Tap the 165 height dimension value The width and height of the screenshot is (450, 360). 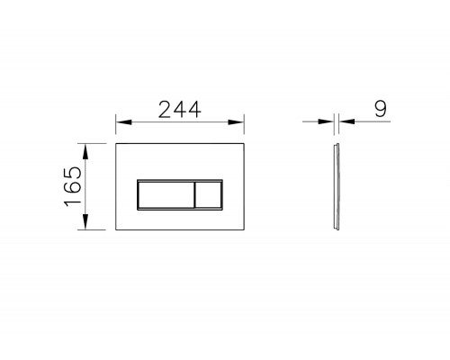click(75, 185)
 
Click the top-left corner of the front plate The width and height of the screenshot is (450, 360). click(117, 142)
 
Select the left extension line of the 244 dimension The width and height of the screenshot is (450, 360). click(116, 126)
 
